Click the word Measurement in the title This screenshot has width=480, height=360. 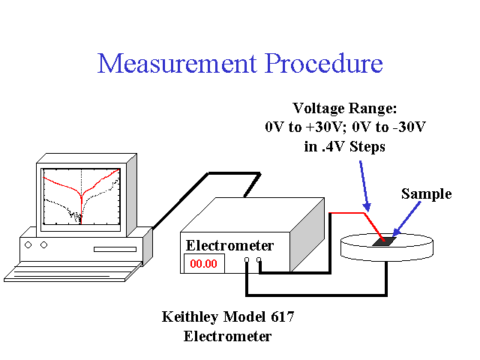[x=177, y=63]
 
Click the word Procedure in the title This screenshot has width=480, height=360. [x=323, y=63]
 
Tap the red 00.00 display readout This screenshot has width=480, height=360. [x=203, y=263]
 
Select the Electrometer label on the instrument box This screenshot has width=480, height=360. [x=229, y=245]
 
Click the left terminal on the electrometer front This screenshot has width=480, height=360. [x=247, y=260]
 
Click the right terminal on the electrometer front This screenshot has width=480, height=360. [x=259, y=260]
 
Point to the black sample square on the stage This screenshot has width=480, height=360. [x=385, y=241]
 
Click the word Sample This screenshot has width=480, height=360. [x=427, y=193]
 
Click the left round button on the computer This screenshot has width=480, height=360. [x=28, y=245]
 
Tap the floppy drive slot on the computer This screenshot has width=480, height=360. [x=115, y=249]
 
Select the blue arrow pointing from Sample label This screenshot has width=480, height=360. [x=406, y=219]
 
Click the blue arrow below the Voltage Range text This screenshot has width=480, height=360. [x=364, y=186]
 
